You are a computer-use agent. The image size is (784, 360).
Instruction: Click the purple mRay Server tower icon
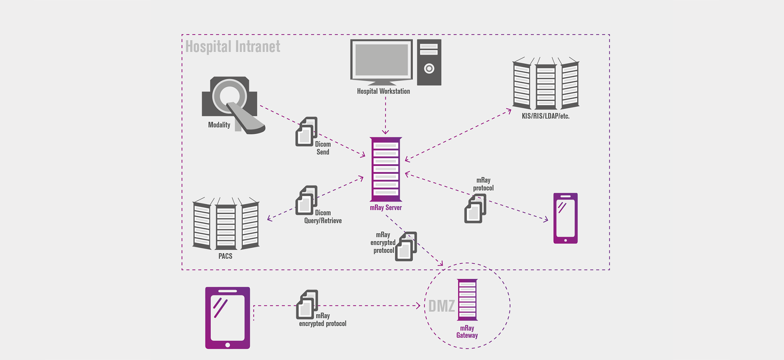point(386,169)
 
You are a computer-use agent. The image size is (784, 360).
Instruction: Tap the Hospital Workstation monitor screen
point(381,60)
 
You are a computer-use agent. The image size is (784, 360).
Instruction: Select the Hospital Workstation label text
point(383,91)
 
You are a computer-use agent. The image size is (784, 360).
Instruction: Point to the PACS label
point(225,256)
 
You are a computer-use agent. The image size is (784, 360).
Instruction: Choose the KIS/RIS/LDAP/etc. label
point(545,116)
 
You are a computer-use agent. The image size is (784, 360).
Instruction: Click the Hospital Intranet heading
point(233,47)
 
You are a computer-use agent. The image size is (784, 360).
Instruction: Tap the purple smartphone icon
point(565,218)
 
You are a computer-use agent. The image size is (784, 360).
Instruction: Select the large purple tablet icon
point(227,318)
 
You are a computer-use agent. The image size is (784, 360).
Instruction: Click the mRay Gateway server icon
point(467,300)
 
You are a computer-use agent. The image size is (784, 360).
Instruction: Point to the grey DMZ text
point(441,306)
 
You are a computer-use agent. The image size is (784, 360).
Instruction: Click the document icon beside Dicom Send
point(306,132)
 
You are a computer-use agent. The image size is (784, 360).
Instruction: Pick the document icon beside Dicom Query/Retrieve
point(306,200)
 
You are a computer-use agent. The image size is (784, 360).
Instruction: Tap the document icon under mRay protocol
point(475,209)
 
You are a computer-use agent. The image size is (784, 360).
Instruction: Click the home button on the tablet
point(227,345)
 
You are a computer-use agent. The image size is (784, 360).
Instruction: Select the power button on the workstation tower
point(429,69)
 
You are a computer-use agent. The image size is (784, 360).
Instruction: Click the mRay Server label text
point(386,208)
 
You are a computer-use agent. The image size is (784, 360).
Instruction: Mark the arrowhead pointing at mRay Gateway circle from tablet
point(419,305)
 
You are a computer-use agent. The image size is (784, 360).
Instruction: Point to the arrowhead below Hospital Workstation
point(386,132)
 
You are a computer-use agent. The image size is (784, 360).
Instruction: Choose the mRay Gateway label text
point(467,332)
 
